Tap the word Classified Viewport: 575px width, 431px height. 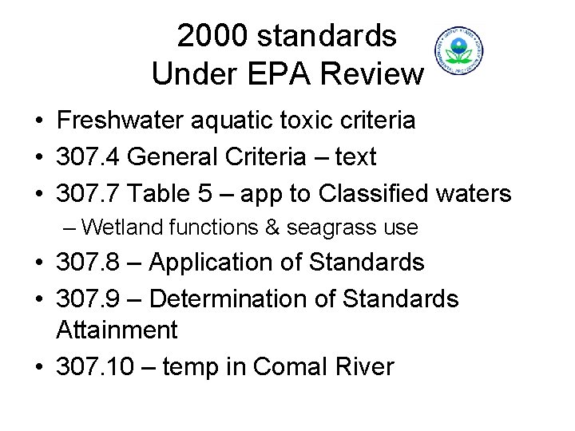click(x=383, y=194)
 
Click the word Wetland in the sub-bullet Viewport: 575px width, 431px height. click(x=121, y=227)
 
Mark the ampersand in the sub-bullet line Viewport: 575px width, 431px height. click(x=272, y=227)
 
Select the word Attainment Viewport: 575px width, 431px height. click(x=117, y=330)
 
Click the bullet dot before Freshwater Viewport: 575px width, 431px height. click(x=38, y=121)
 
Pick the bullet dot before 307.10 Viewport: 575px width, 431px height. click(x=38, y=367)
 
